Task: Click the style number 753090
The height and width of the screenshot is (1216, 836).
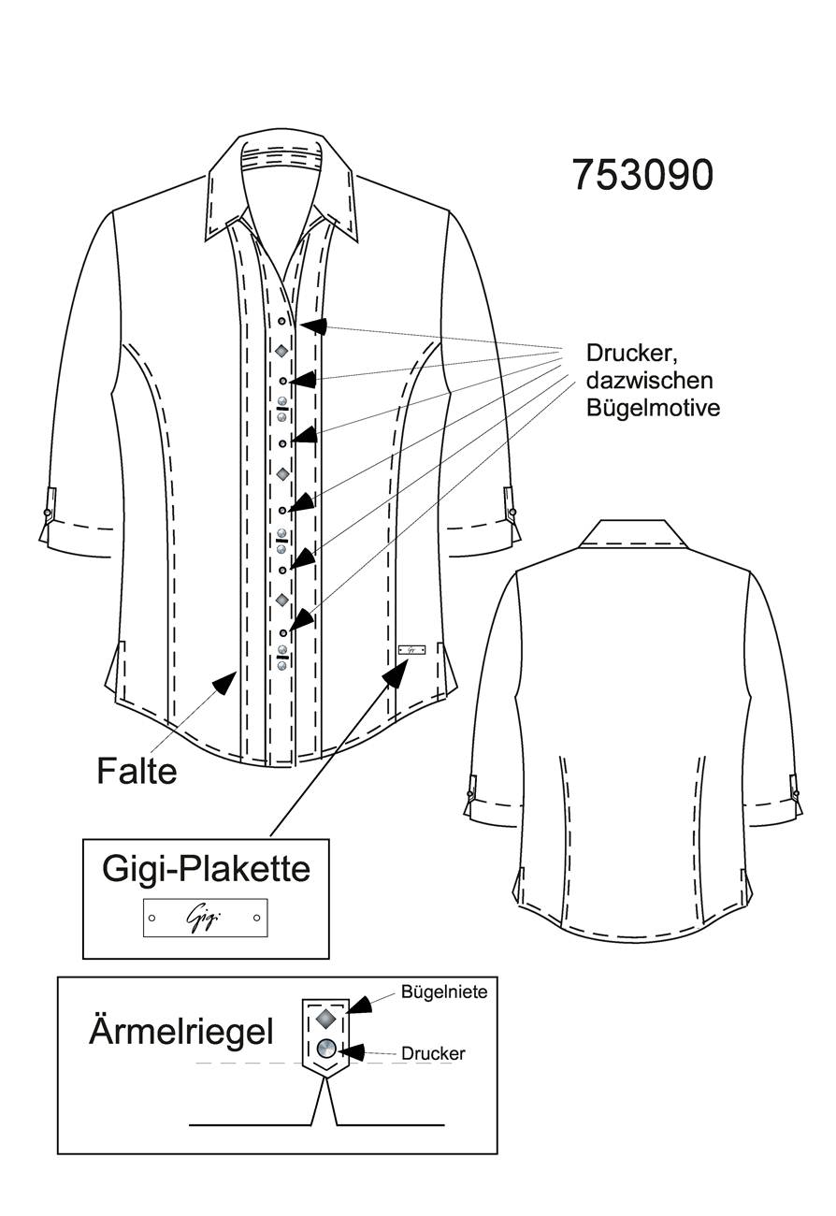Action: pyautogui.click(x=642, y=175)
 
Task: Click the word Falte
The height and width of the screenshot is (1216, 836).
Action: pyautogui.click(x=137, y=771)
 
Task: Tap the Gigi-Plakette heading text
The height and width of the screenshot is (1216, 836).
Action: pyautogui.click(x=206, y=869)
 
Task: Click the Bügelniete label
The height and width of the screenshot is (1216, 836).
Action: pyautogui.click(x=444, y=992)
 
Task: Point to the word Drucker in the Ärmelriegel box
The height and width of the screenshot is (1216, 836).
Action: pyautogui.click(x=433, y=1053)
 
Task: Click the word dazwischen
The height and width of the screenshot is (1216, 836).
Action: pyautogui.click(x=649, y=380)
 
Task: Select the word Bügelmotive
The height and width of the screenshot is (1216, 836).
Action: pyautogui.click(x=653, y=408)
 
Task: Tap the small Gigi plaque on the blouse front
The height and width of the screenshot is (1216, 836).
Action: pyautogui.click(x=411, y=649)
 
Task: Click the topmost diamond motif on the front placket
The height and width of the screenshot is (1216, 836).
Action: pyautogui.click(x=281, y=351)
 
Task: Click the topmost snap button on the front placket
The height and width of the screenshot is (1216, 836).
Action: pyautogui.click(x=281, y=322)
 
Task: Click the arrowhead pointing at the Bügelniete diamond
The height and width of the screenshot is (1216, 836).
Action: pyautogui.click(x=359, y=1005)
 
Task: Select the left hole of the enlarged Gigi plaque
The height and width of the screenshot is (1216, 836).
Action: pyautogui.click(x=152, y=918)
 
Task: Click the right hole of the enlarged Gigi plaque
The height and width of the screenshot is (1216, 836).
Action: pyautogui.click(x=256, y=918)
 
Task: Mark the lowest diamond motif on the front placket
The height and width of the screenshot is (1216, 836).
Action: pyautogui.click(x=281, y=600)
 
